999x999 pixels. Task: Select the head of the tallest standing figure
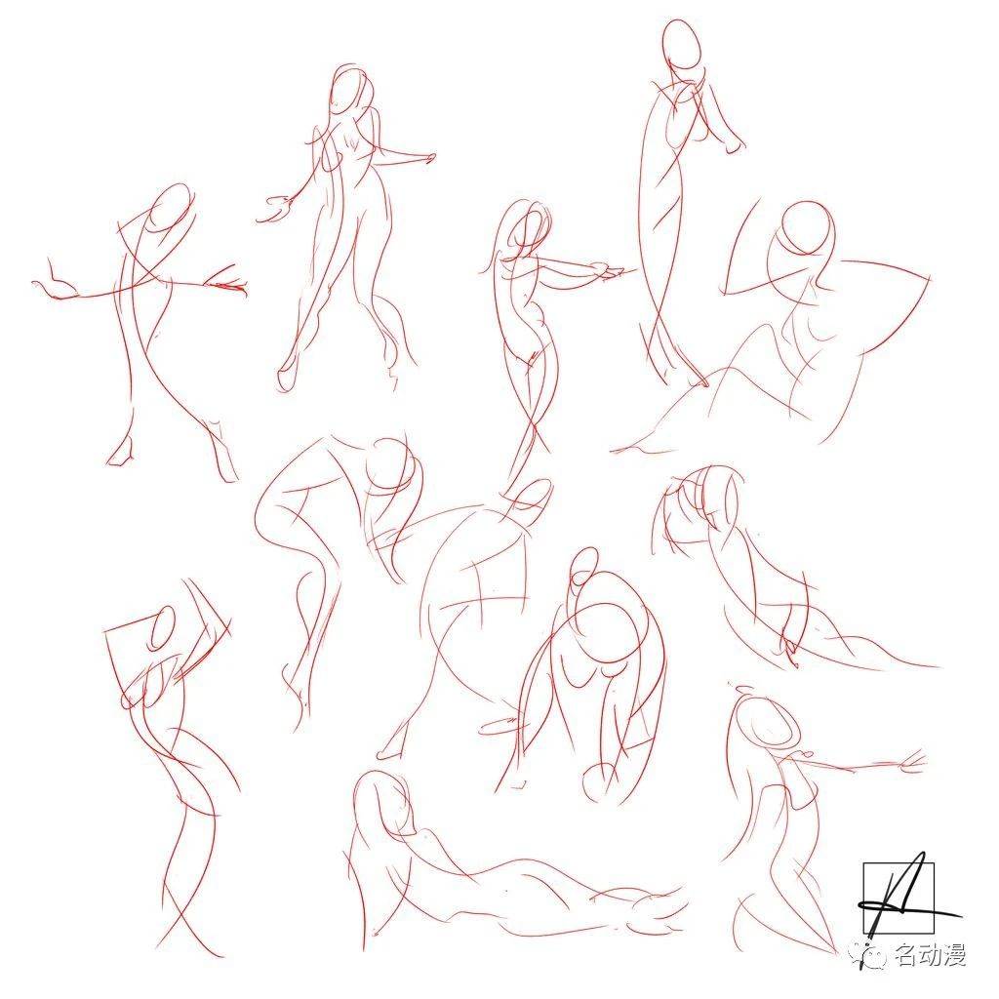click(x=681, y=45)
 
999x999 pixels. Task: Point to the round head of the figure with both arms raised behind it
click(x=807, y=228)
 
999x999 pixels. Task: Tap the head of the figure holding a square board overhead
click(x=163, y=627)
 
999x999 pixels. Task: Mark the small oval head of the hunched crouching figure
click(x=583, y=569)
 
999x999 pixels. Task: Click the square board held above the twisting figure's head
click(x=167, y=644)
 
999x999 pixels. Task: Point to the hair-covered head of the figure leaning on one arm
click(x=700, y=496)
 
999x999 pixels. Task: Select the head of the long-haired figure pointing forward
click(x=526, y=226)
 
